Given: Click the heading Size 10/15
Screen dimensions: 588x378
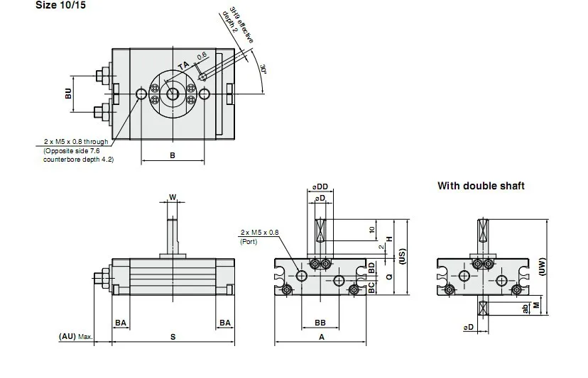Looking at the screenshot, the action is click(x=60, y=5).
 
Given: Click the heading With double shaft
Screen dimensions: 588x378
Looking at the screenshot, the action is click(x=481, y=186).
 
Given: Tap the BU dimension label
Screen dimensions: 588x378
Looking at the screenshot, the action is click(x=68, y=94).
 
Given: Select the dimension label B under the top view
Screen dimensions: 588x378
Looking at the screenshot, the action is click(x=173, y=155).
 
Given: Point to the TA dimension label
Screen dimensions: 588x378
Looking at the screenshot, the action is click(x=183, y=66).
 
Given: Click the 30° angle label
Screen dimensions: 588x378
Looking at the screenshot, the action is click(x=263, y=69).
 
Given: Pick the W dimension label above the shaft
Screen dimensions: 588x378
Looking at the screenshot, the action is click(x=173, y=197).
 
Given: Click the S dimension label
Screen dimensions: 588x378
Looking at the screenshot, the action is click(x=173, y=337).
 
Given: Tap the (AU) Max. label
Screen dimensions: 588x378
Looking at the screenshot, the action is click(x=75, y=336).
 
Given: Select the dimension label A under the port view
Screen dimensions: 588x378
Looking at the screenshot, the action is click(x=322, y=337).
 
